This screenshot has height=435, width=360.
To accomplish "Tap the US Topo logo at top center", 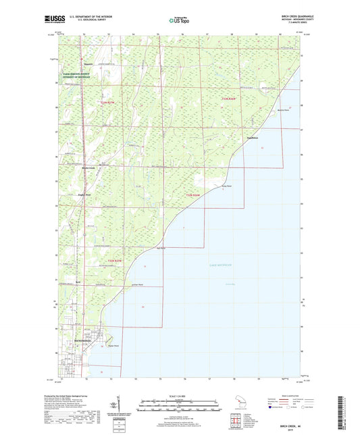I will [x=179, y=20].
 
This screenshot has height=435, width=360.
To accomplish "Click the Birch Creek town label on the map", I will [x=88, y=168].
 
